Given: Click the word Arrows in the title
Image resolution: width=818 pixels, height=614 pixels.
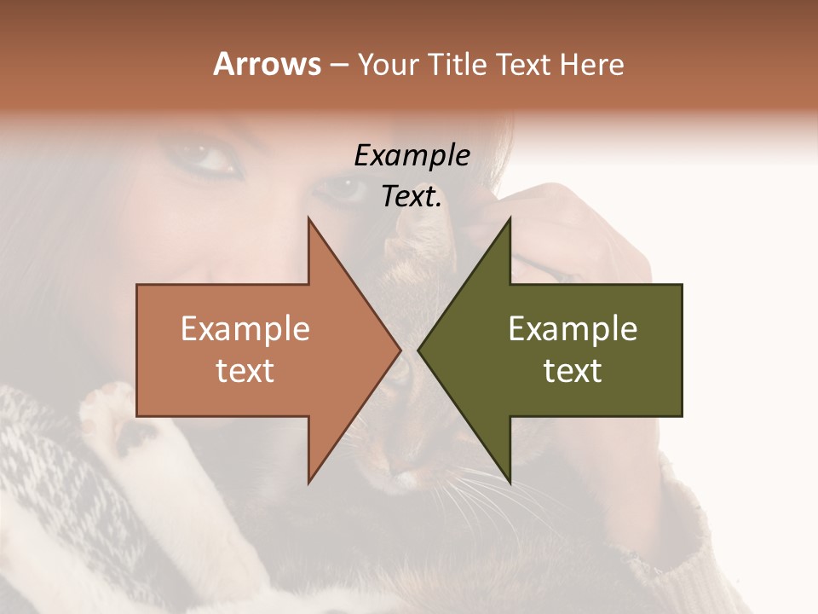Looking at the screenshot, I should (267, 64).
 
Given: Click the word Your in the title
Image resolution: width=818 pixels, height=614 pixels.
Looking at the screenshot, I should (388, 65).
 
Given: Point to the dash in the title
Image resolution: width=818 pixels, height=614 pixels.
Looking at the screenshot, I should (338, 65).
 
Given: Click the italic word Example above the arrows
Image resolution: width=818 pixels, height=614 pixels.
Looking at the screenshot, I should (412, 155).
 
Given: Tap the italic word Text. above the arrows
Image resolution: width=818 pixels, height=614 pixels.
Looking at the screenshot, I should (412, 197).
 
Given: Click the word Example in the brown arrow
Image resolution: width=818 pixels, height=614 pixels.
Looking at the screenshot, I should (245, 328).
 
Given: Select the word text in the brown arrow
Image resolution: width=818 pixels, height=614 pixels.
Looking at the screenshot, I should (245, 371).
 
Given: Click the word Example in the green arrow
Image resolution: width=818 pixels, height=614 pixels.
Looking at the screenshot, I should (573, 328).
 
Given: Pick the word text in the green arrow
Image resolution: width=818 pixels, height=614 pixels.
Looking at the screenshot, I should (573, 371).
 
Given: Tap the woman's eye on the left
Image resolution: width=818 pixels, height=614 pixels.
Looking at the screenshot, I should (207, 158).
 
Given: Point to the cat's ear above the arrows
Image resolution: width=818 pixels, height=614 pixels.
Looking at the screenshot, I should (418, 230).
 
